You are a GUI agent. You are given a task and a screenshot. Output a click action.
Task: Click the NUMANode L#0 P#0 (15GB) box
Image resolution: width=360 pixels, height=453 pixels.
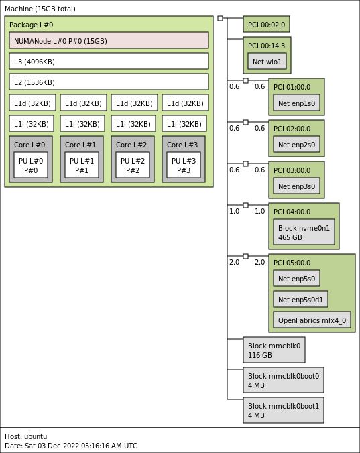(x=109, y=40)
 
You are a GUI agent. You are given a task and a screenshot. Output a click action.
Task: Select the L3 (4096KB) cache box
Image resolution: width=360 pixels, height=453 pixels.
(x=109, y=61)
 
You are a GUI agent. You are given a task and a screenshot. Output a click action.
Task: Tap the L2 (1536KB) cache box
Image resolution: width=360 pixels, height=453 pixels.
(x=109, y=82)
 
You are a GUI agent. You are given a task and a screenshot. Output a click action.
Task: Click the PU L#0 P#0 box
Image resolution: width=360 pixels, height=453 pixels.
(x=31, y=165)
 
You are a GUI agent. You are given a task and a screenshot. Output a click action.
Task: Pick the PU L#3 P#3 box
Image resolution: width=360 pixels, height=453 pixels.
(x=184, y=165)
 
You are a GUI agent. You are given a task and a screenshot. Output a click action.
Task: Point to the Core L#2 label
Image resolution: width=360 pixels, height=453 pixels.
(x=131, y=145)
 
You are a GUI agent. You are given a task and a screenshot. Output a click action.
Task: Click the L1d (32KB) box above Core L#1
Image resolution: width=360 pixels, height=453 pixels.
(x=83, y=103)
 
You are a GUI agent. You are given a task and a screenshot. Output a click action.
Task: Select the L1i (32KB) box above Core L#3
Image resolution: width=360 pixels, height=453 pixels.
(x=184, y=123)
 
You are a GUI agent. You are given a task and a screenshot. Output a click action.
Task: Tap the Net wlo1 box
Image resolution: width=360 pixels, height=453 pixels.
(x=267, y=61)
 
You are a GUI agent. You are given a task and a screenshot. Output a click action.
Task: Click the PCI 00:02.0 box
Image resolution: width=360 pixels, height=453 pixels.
(x=266, y=24)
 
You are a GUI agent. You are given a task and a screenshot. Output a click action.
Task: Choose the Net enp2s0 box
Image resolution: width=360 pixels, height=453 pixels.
(x=296, y=144)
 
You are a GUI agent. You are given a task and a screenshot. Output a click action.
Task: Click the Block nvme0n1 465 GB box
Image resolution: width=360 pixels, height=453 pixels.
(x=304, y=232)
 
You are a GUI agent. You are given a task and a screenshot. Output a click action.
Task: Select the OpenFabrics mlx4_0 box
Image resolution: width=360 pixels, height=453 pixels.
(x=312, y=320)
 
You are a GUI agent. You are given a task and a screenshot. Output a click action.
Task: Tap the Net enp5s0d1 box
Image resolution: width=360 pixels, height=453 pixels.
(x=300, y=299)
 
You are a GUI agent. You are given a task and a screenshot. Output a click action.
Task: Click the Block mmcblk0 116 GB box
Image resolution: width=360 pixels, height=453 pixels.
(x=274, y=350)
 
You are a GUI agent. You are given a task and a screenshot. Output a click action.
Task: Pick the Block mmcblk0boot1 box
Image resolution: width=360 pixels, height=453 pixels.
(x=284, y=410)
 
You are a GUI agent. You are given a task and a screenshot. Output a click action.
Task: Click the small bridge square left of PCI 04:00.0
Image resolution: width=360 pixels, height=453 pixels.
(x=245, y=206)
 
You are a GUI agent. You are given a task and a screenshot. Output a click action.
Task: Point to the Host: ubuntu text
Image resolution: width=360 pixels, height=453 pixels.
(x=25, y=436)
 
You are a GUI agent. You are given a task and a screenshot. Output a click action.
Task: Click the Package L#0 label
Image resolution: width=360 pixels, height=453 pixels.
(x=32, y=25)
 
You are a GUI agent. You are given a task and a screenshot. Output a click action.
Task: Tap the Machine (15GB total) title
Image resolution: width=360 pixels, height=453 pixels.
(x=40, y=9)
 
